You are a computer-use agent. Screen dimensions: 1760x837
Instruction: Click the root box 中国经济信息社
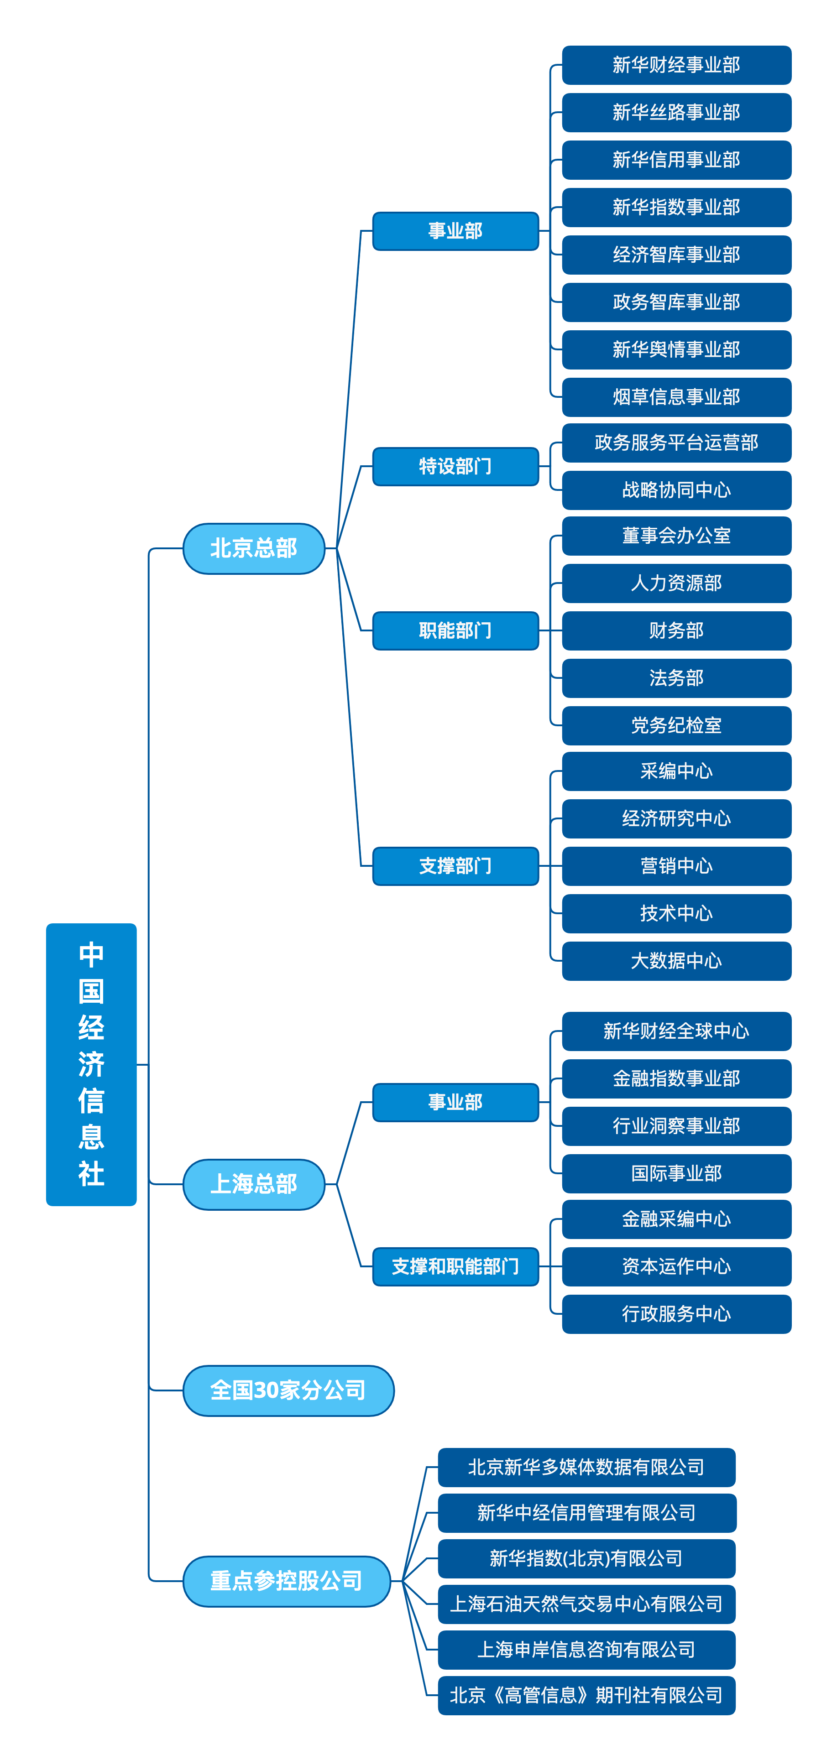tap(91, 1064)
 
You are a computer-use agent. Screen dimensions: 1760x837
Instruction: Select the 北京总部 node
tap(253, 548)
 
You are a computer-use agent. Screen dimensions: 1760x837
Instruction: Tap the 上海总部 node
tap(253, 1183)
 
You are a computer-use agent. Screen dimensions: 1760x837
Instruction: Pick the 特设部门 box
tap(455, 466)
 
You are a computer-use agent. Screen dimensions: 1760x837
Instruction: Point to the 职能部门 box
tap(455, 630)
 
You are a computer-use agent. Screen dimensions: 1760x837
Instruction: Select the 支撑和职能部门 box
tap(455, 1266)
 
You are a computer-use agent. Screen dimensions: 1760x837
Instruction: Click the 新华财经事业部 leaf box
tap(676, 65)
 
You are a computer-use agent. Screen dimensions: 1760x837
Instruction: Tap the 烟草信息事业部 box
tap(676, 396)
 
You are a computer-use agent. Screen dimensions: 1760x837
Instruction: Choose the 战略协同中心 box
tap(676, 490)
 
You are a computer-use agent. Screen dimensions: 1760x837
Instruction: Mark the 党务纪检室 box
tap(676, 725)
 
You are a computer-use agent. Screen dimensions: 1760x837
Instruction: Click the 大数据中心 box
tap(676, 961)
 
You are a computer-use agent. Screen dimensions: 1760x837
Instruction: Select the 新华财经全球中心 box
tap(676, 1031)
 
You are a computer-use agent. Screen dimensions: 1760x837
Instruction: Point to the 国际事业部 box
tap(676, 1173)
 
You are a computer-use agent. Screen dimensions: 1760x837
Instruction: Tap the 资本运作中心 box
tap(676, 1266)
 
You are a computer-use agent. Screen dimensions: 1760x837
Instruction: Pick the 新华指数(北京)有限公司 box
tap(586, 1558)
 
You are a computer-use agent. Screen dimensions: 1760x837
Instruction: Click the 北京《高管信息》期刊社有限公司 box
tap(586, 1695)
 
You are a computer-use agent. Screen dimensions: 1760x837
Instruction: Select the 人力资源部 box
tap(676, 583)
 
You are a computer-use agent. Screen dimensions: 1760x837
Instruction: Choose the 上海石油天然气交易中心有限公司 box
tap(586, 1604)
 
